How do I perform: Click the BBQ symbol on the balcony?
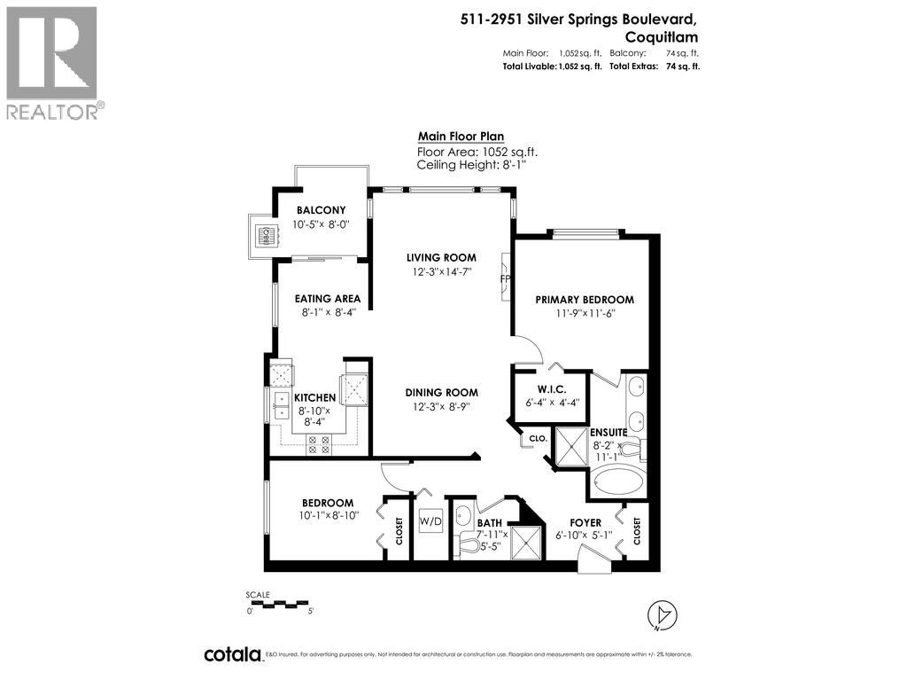263,236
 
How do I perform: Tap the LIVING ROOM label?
442,258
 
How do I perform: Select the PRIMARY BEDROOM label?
585,300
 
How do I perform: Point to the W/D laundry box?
430,521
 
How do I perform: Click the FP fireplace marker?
506,278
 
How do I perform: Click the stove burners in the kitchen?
317,445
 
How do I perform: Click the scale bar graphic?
280,604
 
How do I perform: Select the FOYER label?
585,523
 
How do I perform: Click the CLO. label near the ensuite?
537,438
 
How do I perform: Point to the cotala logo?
233,654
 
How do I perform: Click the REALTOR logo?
52,62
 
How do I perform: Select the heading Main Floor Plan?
461,137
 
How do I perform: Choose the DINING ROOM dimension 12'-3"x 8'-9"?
441,406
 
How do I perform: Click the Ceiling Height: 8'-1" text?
465,165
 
